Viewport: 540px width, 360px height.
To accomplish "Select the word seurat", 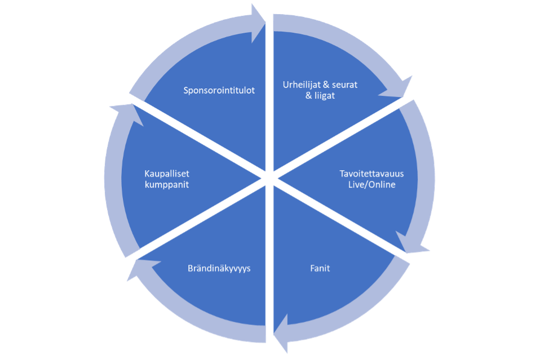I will pyautogui.click(x=343, y=85).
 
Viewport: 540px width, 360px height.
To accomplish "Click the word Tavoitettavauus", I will pyautogui.click(x=371, y=174).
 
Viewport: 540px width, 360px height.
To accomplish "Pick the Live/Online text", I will pyautogui.click(x=371, y=184).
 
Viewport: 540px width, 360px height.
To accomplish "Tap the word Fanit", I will pyautogui.click(x=320, y=268).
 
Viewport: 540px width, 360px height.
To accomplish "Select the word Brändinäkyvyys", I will pyautogui.click(x=219, y=268).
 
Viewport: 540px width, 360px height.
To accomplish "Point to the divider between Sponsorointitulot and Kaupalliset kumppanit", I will pyautogui.click(x=200, y=141).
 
